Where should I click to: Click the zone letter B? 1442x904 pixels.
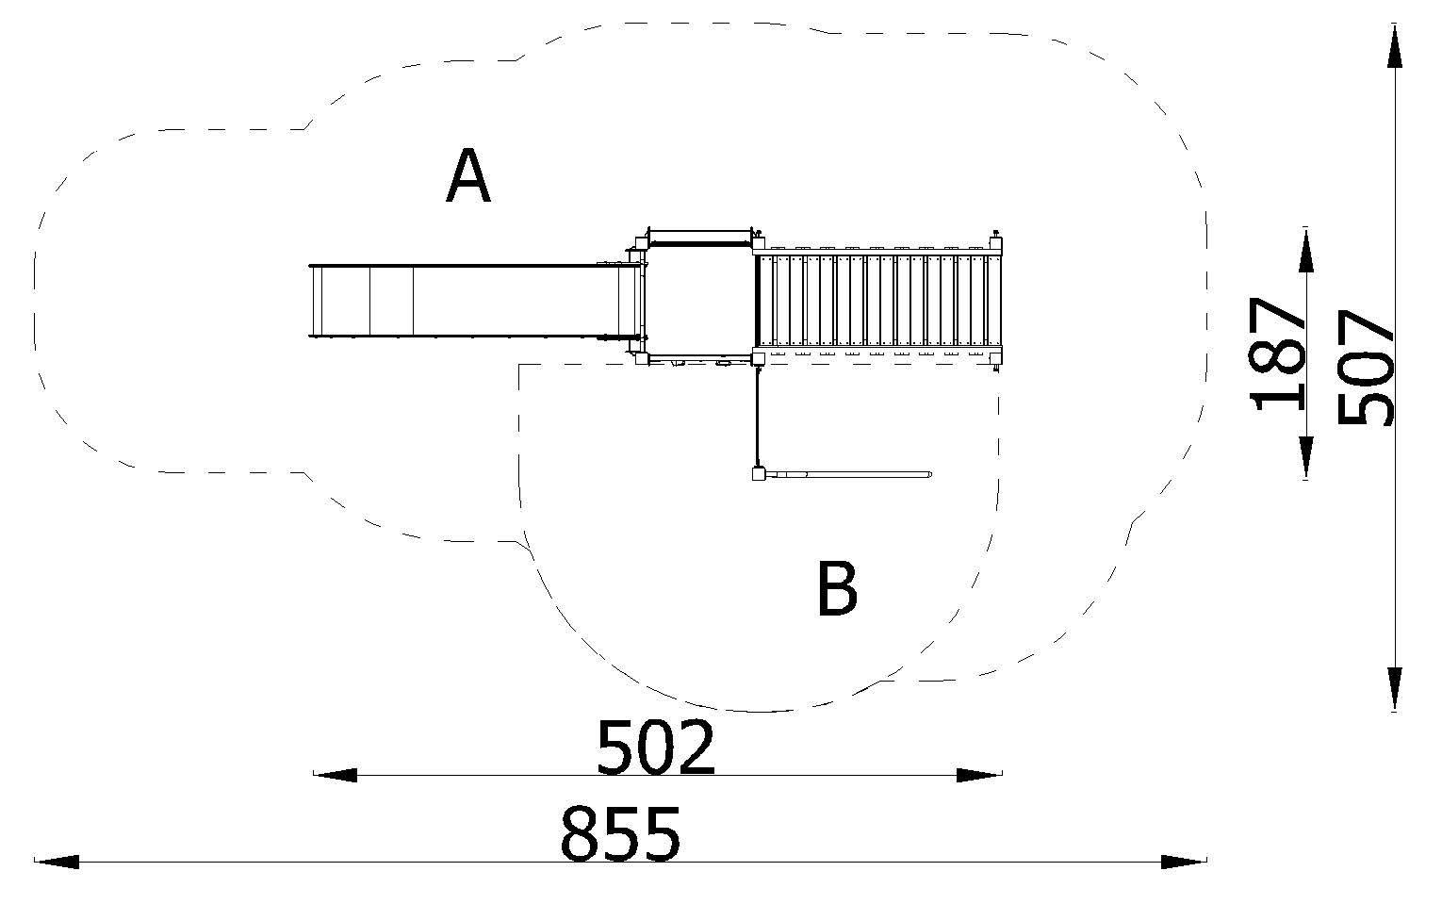click(x=837, y=589)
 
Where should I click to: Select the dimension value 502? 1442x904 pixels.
click(x=656, y=747)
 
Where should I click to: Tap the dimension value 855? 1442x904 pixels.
click(x=620, y=833)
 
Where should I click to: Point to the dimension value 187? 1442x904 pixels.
click(x=1279, y=353)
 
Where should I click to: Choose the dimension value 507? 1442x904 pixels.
click(x=1365, y=368)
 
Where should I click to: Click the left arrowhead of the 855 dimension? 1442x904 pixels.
click(x=57, y=861)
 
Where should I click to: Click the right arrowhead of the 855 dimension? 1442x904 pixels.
click(x=1184, y=861)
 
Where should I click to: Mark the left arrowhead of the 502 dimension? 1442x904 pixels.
click(x=336, y=775)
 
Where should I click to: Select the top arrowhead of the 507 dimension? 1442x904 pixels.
click(x=1395, y=47)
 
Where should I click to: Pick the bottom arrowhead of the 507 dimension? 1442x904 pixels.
click(x=1395, y=688)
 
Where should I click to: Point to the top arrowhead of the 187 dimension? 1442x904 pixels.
click(x=1305, y=251)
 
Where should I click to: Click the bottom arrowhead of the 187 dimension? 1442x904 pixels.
click(x=1305, y=458)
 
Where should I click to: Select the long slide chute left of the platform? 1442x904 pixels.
click(x=462, y=300)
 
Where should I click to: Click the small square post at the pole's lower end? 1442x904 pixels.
click(x=758, y=475)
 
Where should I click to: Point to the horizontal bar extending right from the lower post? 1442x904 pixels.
click(x=848, y=473)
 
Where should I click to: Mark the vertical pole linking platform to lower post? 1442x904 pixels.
click(x=758, y=415)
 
